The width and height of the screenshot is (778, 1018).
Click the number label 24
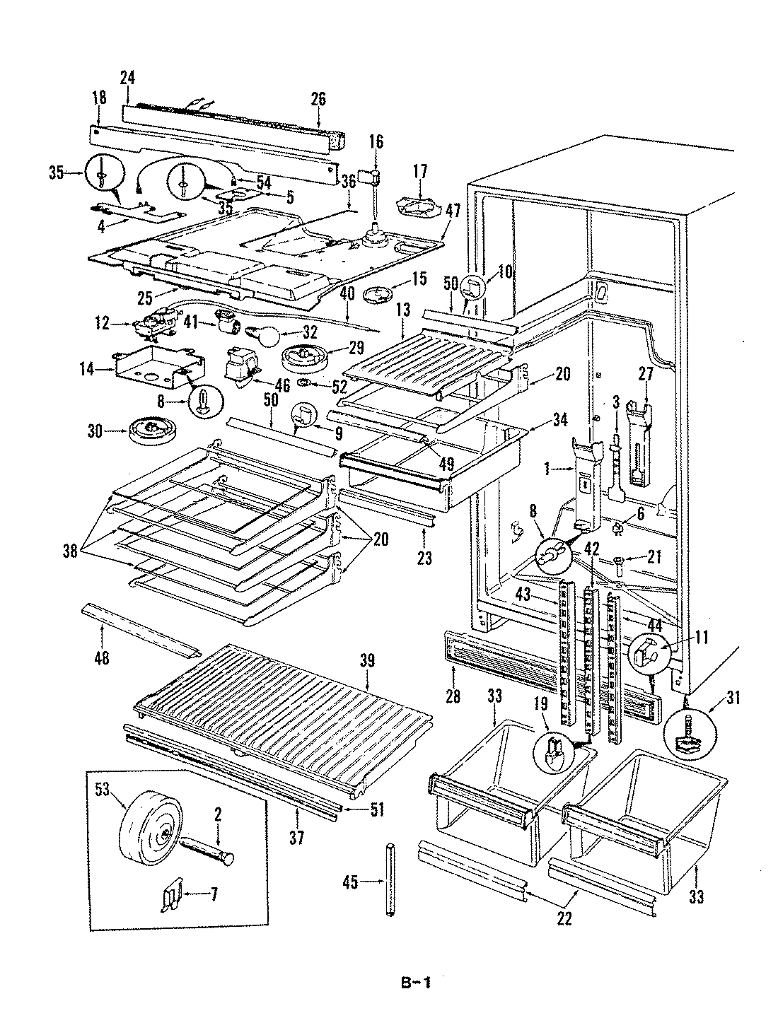coord(127,78)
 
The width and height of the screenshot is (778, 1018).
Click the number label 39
coord(367,661)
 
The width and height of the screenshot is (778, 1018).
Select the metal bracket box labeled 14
coord(159,368)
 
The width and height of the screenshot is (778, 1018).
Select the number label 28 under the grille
coord(453,696)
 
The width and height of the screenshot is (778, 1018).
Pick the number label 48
coord(102,658)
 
